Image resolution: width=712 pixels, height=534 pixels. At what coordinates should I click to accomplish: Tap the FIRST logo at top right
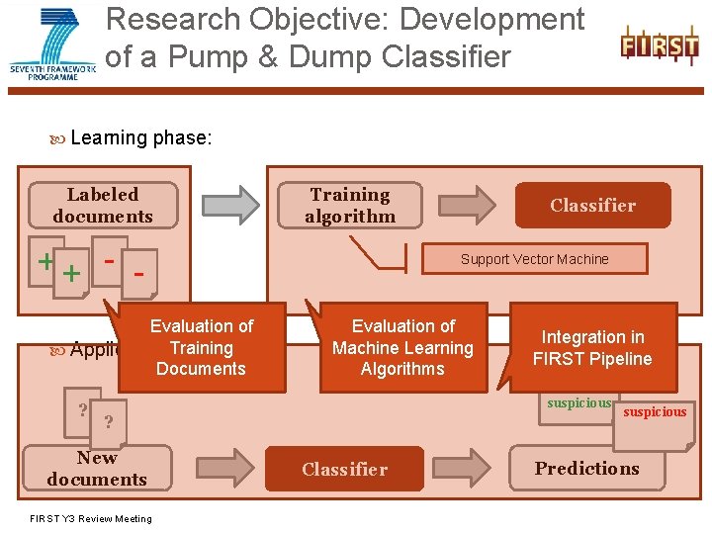[659, 45]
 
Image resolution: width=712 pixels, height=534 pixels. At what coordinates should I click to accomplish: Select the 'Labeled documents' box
[103, 206]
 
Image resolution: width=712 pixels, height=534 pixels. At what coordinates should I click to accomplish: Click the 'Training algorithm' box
[350, 206]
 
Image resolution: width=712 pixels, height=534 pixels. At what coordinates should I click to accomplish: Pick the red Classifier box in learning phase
[592, 206]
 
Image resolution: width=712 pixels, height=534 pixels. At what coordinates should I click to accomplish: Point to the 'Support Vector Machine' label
[534, 259]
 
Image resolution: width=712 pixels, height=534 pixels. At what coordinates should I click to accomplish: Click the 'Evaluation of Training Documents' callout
[202, 347]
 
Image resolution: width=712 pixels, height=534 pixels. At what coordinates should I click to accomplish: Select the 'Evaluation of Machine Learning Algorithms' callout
[402, 347]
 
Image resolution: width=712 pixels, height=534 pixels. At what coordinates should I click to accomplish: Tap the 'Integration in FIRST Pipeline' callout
[592, 347]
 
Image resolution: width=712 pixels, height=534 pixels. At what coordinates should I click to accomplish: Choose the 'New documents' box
[97, 469]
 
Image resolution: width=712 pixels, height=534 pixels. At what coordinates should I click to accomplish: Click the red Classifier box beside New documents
[344, 469]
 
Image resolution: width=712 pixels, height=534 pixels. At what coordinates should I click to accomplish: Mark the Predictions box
[587, 469]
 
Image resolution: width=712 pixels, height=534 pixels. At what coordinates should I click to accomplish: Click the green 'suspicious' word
[579, 403]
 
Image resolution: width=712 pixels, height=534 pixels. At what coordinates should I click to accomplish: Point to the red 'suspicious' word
[655, 412]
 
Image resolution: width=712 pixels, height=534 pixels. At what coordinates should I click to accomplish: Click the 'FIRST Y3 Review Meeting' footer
[91, 519]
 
